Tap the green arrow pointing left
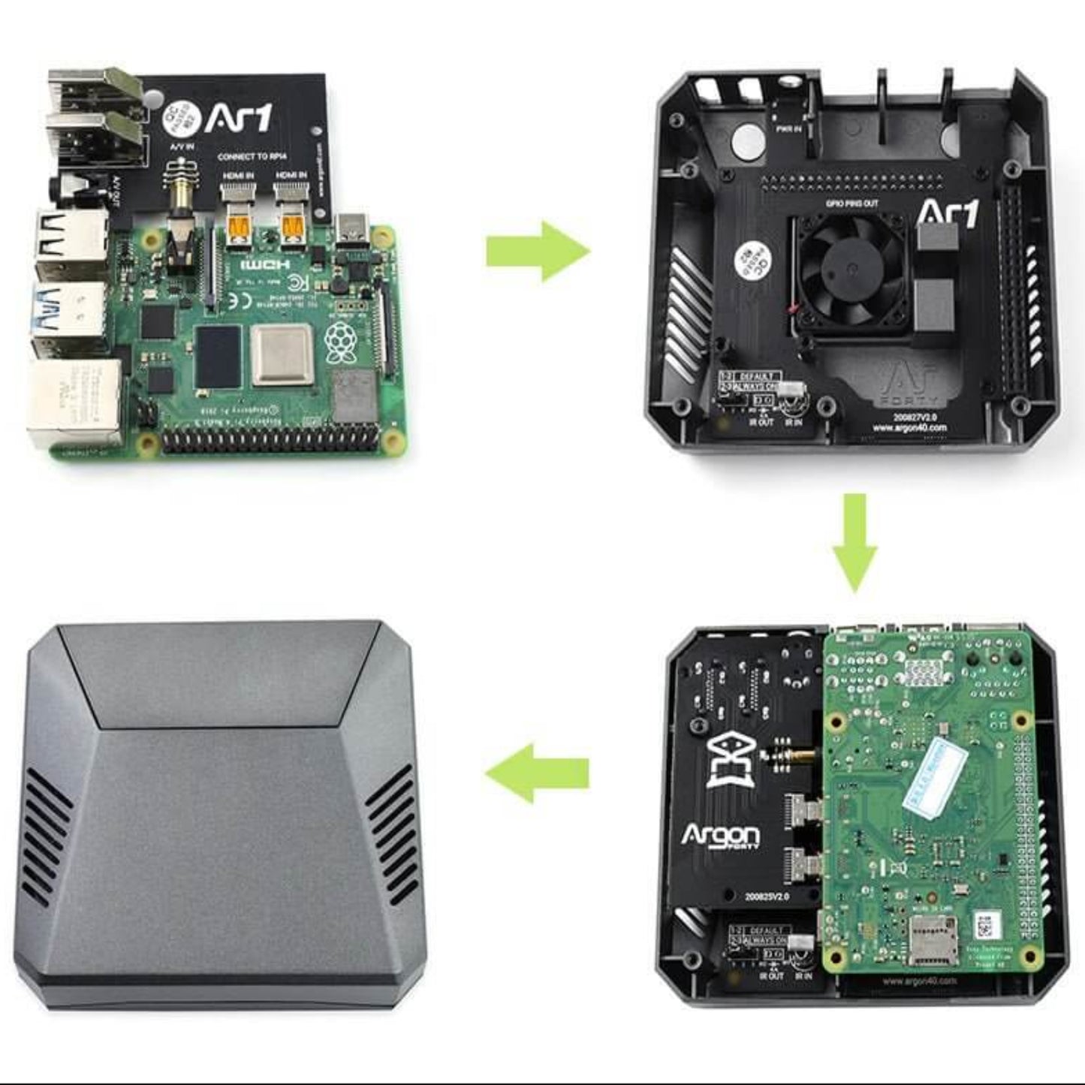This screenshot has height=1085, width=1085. [x=536, y=773]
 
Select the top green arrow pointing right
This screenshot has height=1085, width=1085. [x=538, y=251]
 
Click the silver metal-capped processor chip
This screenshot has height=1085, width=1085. [x=282, y=354]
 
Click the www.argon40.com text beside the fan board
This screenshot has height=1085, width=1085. [x=909, y=428]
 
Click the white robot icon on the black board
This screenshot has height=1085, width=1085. [x=733, y=762]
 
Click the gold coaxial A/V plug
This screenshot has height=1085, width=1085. [x=179, y=195]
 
